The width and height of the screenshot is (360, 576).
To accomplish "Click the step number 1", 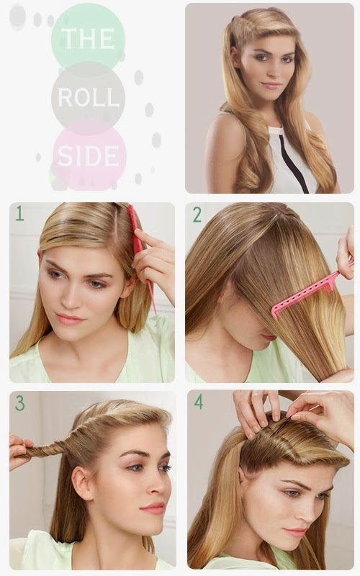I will click(19, 214).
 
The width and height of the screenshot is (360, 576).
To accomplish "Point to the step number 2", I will click(197, 214).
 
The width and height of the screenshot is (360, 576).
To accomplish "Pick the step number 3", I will click(19, 403).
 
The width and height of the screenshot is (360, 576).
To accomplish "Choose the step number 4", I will click(198, 402).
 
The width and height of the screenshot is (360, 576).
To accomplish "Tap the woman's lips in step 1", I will click(71, 318).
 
